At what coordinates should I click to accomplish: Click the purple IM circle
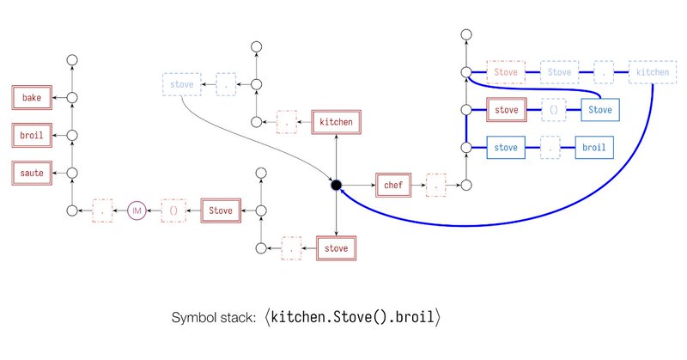[x=137, y=210]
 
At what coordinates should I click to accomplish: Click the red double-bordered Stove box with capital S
[x=221, y=210]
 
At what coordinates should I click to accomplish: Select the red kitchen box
[x=335, y=122]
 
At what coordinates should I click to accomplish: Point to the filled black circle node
[x=336, y=185]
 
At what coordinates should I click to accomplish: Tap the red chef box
[x=392, y=185]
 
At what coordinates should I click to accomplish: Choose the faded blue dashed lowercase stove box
[x=179, y=85]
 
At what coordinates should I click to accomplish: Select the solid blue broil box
[x=593, y=148]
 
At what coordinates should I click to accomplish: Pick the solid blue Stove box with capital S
[x=600, y=111]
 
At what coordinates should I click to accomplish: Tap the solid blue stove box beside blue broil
[x=508, y=148]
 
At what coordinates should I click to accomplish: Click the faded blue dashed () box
[x=553, y=111]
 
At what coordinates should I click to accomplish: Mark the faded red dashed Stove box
[x=507, y=73]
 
